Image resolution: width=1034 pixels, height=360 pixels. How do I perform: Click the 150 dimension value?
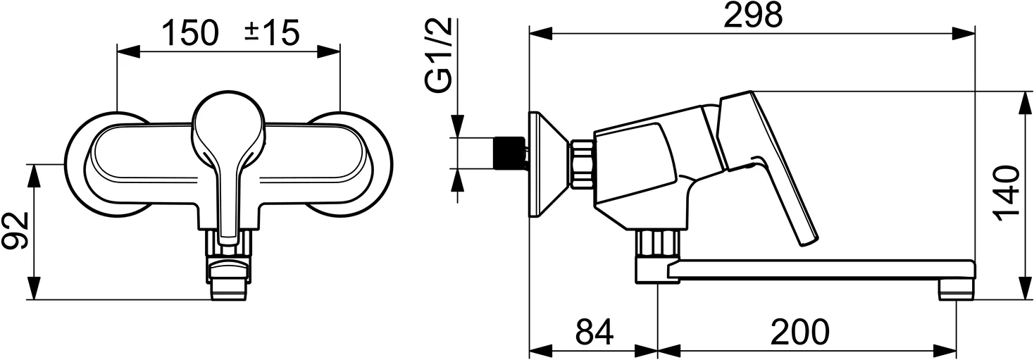[189, 33]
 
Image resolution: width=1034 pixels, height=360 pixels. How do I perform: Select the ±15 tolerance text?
[272, 33]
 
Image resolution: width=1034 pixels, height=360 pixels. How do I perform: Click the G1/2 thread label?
[438, 57]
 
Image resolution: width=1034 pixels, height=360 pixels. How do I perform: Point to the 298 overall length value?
[752, 15]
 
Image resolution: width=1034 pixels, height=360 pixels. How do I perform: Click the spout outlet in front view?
[229, 286]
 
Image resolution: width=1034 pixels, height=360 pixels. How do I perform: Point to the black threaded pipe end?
[506, 152]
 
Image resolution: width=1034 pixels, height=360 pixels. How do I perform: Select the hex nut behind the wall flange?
[581, 164]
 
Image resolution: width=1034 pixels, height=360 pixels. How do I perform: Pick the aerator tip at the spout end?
[956, 290]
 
